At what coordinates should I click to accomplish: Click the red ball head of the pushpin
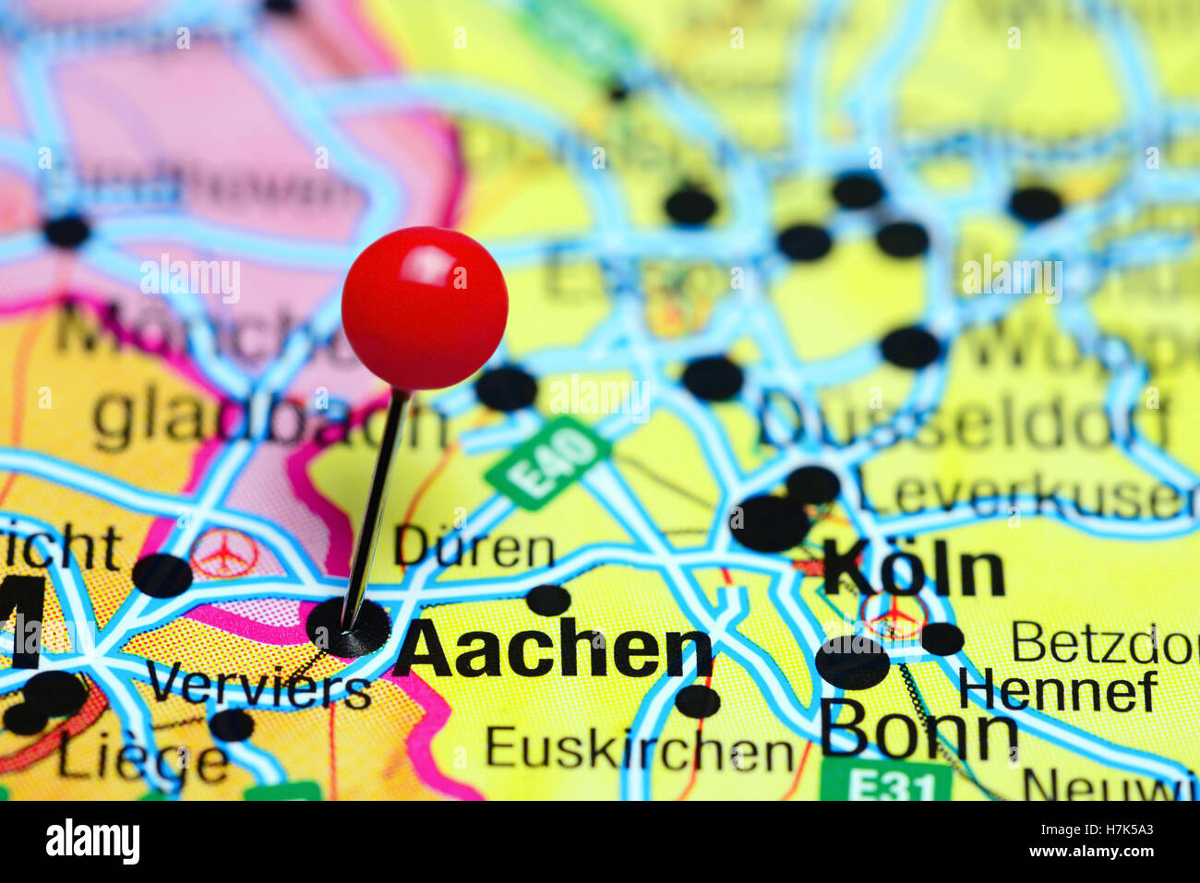point(425,308)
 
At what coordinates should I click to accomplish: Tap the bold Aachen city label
point(552,650)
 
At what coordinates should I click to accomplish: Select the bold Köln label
point(913,570)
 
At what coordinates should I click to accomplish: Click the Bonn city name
point(918,730)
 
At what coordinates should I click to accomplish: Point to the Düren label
point(474,549)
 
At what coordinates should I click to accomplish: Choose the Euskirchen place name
point(639,749)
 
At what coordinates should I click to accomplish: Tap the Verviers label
point(258,687)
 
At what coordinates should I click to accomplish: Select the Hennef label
point(1057,690)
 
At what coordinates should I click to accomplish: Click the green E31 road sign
point(886,782)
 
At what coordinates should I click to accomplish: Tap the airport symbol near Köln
point(894,615)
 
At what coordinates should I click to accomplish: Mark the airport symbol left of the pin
point(223,553)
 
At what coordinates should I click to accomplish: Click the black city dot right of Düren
point(549,600)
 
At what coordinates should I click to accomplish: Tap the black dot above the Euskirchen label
point(697,701)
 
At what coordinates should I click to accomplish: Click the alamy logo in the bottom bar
point(92,841)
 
